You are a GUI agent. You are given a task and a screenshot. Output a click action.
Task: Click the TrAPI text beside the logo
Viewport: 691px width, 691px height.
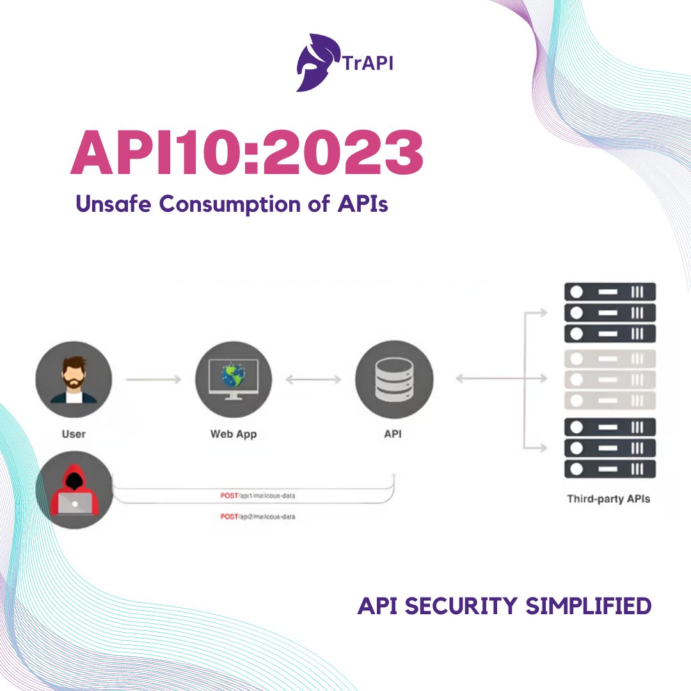tap(367, 64)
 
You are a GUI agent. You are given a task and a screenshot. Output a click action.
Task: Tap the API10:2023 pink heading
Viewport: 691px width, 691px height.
tap(246, 154)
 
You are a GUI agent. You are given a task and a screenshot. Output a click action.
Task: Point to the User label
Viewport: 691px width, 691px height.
tap(74, 434)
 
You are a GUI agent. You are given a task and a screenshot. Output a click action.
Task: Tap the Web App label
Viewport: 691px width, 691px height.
tap(234, 434)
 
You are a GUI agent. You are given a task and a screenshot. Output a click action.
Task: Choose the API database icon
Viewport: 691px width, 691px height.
tap(394, 379)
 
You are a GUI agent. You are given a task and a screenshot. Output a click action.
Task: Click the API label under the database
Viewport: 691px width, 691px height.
tap(393, 434)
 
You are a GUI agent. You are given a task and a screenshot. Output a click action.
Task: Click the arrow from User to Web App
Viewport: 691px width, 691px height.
tap(154, 379)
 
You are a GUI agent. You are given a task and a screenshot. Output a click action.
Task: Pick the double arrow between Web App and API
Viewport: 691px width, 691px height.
tap(314, 379)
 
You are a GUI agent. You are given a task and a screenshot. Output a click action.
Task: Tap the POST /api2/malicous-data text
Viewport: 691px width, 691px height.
tap(257, 516)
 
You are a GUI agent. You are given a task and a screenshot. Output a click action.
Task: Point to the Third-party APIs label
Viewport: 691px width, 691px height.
tap(608, 498)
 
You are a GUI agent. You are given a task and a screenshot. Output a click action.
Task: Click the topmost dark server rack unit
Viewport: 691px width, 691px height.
tap(610, 292)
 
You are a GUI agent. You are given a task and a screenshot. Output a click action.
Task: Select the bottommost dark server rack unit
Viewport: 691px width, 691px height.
tap(610, 469)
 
